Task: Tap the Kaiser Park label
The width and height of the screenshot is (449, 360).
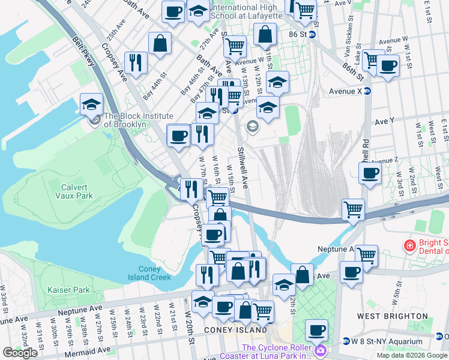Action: [x=68, y=290]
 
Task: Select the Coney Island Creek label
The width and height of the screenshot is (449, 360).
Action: [x=149, y=273]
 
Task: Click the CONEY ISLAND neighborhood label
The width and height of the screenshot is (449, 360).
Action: [x=235, y=330]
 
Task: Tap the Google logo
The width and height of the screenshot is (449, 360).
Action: [x=20, y=353]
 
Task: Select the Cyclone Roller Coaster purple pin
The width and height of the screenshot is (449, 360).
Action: [x=321, y=349]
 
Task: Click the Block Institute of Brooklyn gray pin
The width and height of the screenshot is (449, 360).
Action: [x=95, y=120]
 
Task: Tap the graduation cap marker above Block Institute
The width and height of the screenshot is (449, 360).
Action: [x=91, y=104]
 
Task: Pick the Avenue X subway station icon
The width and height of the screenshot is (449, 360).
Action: [x=367, y=91]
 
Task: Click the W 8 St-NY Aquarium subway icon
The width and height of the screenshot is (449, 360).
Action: [x=346, y=341]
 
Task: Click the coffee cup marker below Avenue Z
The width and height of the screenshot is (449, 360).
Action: [x=369, y=174]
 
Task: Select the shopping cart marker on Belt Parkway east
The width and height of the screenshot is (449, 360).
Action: [x=353, y=209]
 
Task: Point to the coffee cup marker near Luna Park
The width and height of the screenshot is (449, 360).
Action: [x=316, y=329]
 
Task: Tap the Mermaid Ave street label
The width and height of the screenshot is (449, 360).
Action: [x=87, y=350]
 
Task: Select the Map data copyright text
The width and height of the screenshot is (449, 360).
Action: [x=412, y=355]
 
